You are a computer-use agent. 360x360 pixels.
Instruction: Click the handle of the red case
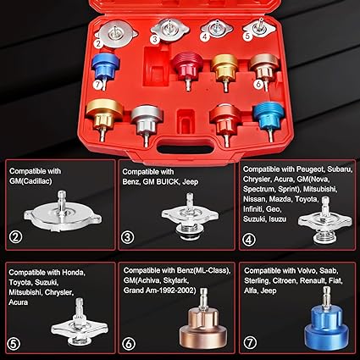click(x=180, y=146)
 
